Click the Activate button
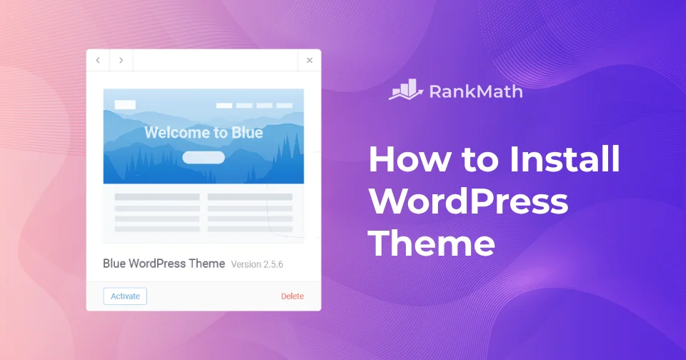[125, 296]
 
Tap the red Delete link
[292, 296]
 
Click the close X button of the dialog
[309, 61]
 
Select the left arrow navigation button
[98, 61]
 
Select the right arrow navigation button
[121, 61]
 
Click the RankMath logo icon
[405, 90]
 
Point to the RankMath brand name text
[476, 91]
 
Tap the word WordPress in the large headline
[468, 202]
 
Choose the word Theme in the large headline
[432, 244]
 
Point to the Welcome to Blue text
[204, 133]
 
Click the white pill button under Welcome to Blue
[204, 157]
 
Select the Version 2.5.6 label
[257, 264]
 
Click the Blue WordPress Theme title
[164, 264]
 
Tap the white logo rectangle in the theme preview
[125, 105]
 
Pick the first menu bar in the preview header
[224, 106]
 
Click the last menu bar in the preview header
[284, 106]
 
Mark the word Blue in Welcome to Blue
[247, 133]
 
